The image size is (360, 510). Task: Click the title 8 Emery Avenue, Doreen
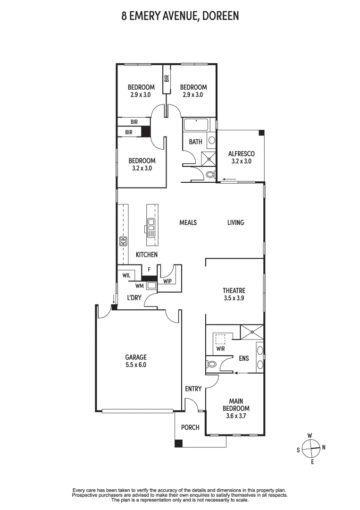pos(180,17)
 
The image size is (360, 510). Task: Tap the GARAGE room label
pos(135,357)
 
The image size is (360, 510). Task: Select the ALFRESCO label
pos(241,153)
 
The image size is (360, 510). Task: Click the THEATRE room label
pos(234,290)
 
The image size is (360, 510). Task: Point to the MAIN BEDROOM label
pos(236,405)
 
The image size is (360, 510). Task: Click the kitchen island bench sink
pos(151,228)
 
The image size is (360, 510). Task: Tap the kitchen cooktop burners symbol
pos(124,242)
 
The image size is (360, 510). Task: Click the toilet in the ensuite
pos(212,364)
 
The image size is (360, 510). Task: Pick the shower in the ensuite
pos(252,331)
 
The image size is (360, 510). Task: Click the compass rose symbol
pos(311,446)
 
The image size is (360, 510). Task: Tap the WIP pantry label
pos(167,281)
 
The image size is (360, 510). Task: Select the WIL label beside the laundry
pos(126,275)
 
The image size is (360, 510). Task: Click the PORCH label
pos(190,427)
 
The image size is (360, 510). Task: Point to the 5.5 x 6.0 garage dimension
pos(135,365)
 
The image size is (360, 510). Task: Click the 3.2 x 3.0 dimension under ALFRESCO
pos(241,161)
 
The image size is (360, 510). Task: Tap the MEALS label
pos(188,222)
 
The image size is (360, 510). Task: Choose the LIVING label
pos(235,222)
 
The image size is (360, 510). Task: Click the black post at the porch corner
pos(178,443)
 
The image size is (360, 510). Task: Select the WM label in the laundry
pos(139,285)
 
